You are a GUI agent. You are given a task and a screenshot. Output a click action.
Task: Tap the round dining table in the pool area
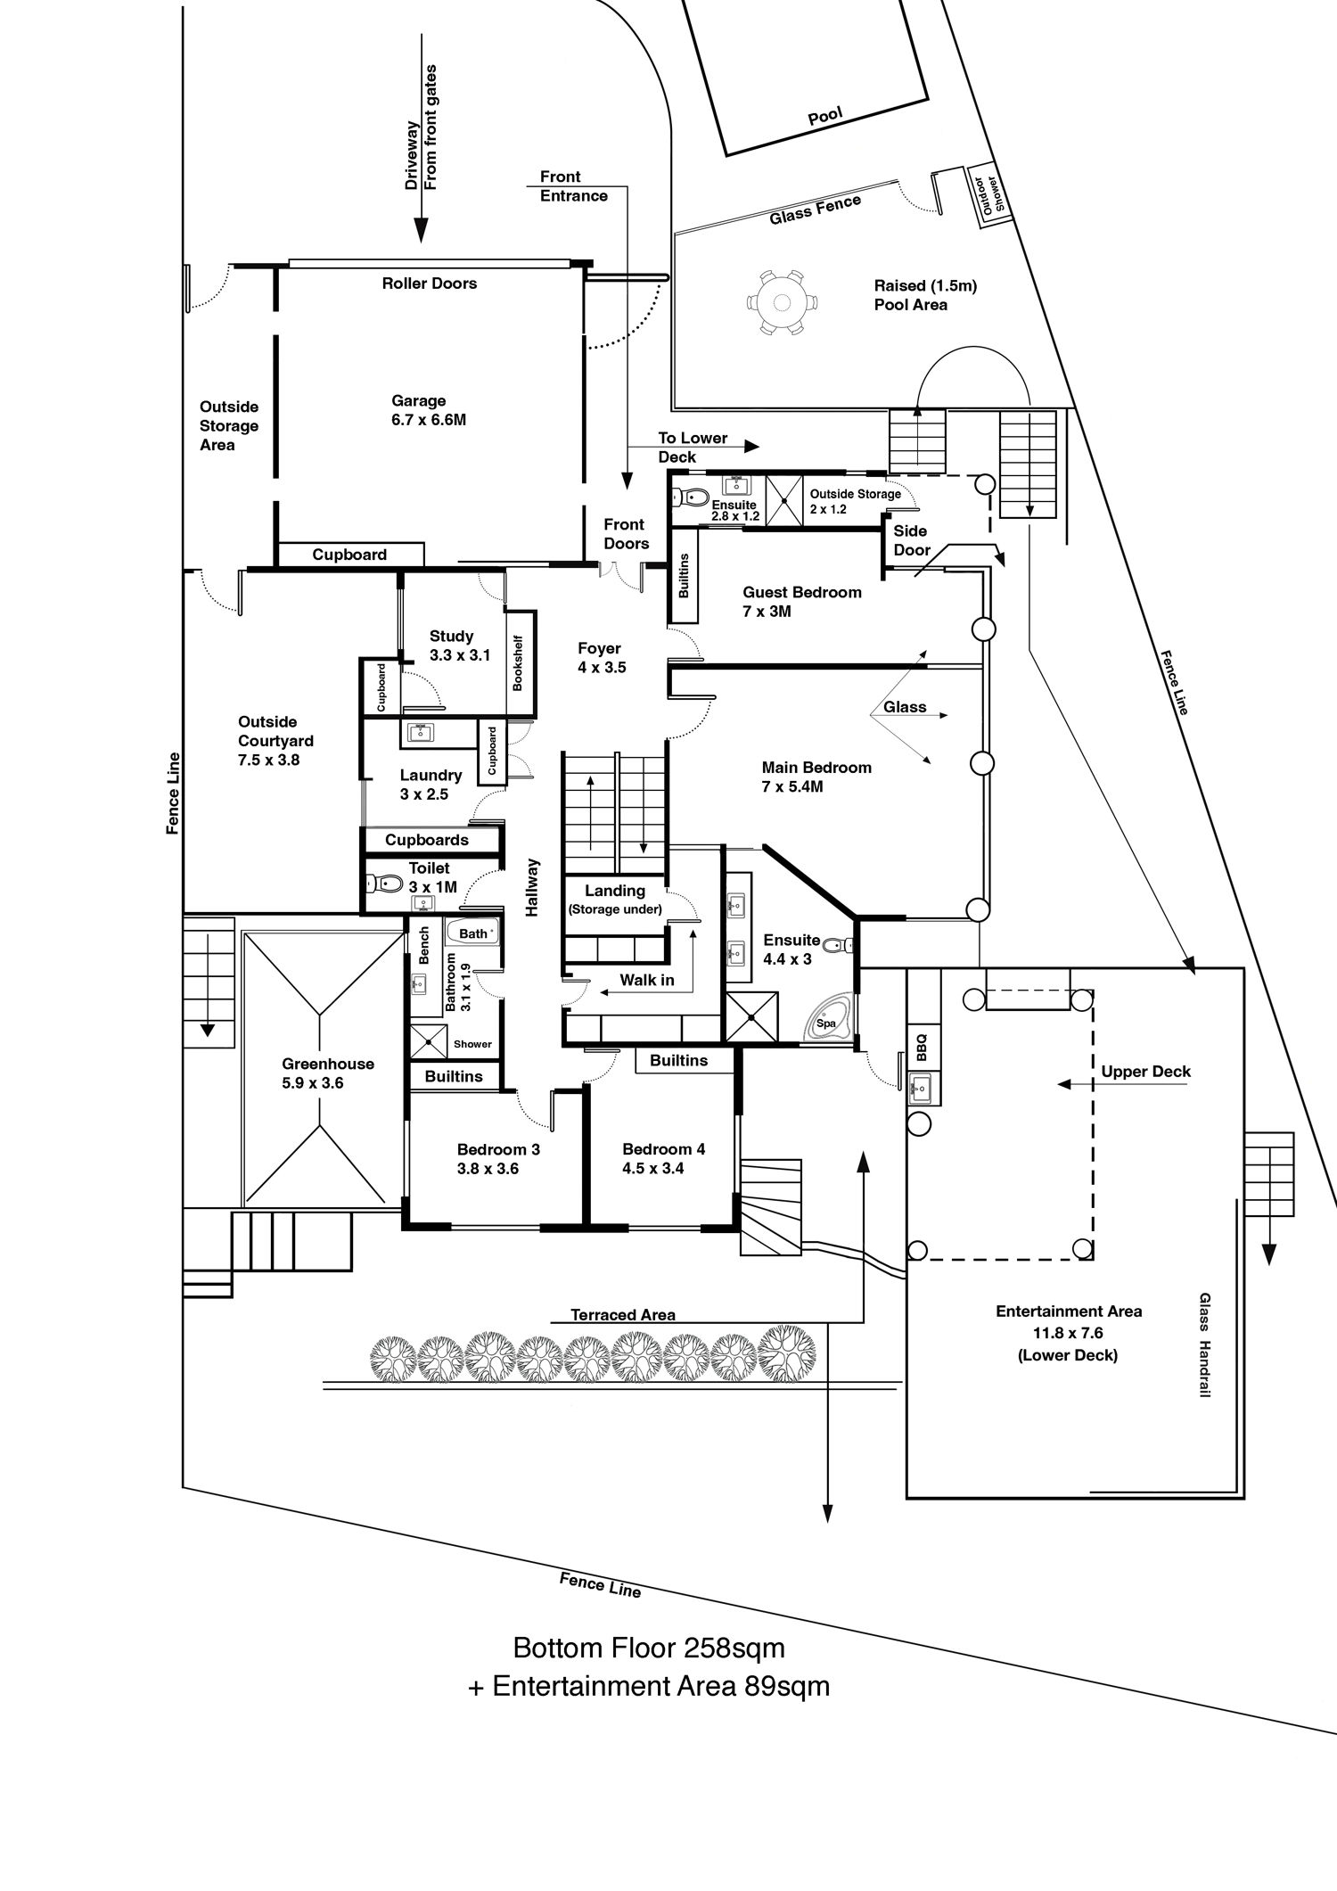click(x=782, y=302)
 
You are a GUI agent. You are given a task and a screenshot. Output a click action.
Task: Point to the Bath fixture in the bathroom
click(x=473, y=933)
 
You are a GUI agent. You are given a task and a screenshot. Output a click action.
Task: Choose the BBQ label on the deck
click(x=923, y=1046)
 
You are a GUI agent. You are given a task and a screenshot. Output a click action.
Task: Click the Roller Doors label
click(x=429, y=284)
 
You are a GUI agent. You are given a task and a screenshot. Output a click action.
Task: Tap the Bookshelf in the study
click(x=518, y=662)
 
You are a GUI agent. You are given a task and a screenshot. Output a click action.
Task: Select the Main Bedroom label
click(x=816, y=777)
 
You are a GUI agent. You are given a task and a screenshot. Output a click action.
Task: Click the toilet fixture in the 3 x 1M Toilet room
click(x=385, y=884)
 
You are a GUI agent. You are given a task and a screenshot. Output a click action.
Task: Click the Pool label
click(x=824, y=117)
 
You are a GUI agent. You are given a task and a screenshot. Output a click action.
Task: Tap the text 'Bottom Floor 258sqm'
click(x=648, y=1648)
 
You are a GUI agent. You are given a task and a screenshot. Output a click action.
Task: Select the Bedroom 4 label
click(x=663, y=1159)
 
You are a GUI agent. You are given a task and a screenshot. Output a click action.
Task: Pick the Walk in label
click(x=646, y=981)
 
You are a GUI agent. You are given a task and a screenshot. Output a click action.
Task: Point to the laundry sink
click(x=418, y=733)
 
